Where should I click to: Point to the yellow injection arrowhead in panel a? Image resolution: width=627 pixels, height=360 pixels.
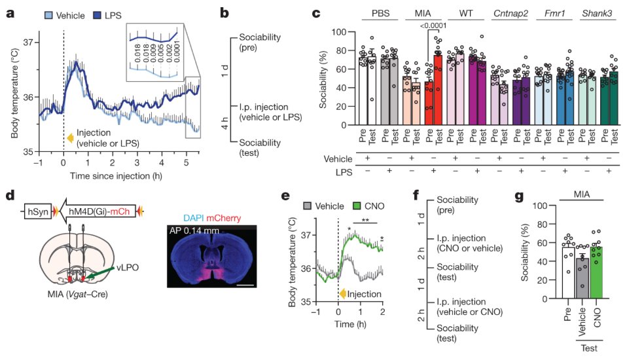click(x=71, y=137)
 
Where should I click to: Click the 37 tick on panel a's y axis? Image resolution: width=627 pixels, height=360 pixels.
click(x=28, y=41)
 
